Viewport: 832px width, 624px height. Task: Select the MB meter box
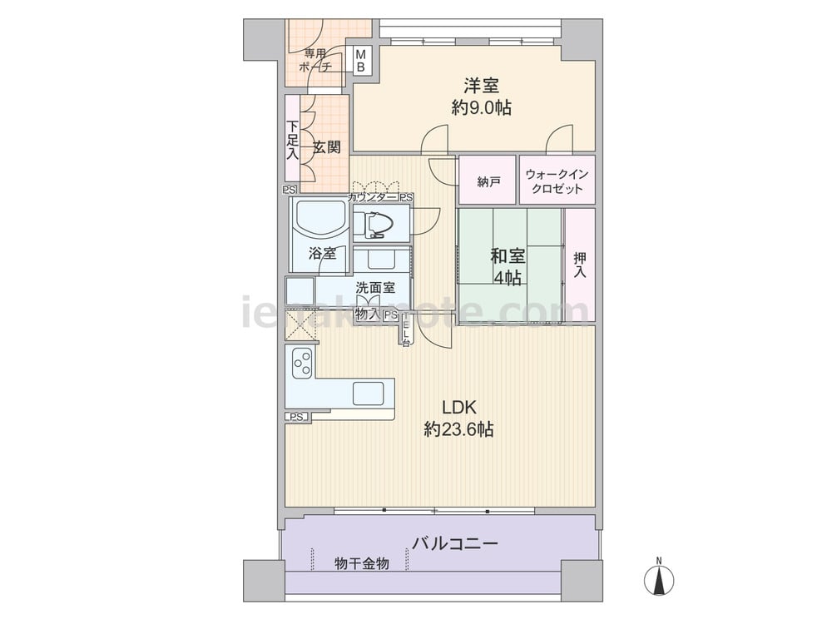tap(361, 61)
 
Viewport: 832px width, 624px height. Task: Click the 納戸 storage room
tap(488, 181)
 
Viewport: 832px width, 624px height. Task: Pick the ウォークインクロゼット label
tap(557, 181)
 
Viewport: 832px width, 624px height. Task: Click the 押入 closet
tap(580, 264)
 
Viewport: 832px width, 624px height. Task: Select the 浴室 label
tap(322, 254)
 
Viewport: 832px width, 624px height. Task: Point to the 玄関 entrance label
tap(326, 148)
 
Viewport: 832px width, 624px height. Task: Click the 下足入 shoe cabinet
tap(292, 141)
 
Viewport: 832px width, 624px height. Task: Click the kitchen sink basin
tap(367, 393)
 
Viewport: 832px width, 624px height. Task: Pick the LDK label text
tap(458, 408)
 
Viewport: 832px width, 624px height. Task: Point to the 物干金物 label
tap(362, 564)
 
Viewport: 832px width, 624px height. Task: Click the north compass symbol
tap(659, 578)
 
